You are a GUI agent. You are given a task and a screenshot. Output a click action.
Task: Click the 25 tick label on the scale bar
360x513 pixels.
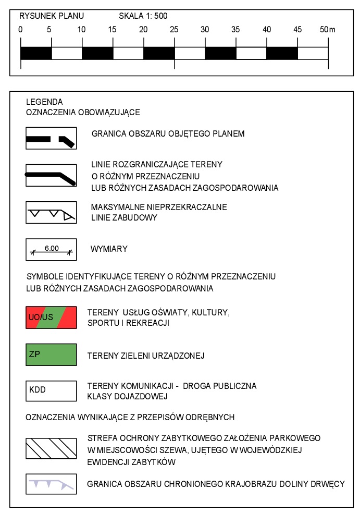point(174,29)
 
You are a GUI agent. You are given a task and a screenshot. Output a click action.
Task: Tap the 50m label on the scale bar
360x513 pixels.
point(327,29)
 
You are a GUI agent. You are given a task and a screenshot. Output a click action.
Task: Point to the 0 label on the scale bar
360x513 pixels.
point(20,29)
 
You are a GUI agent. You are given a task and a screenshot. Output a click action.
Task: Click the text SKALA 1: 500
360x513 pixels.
point(143,16)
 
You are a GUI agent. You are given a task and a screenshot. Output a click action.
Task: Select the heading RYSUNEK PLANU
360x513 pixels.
point(52,16)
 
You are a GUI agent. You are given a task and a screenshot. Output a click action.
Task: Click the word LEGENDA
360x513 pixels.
point(44,102)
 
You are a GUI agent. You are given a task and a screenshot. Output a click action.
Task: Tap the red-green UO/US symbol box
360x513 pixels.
point(52,317)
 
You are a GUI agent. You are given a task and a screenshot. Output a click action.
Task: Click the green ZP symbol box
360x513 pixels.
point(52,356)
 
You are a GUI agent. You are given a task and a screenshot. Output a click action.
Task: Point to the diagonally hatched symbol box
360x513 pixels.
point(52,447)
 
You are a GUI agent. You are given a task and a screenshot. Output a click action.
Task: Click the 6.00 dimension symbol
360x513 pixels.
point(52,250)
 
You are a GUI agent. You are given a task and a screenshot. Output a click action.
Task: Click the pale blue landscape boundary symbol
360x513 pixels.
point(52,484)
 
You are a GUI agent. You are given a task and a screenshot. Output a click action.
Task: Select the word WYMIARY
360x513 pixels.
point(109,249)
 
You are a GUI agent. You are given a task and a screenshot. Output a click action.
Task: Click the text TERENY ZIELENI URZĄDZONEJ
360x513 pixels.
point(146,356)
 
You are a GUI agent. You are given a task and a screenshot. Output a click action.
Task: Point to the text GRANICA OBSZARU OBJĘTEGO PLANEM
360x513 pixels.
point(168,133)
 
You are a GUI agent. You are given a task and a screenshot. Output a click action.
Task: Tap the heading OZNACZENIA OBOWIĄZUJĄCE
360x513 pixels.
point(83,112)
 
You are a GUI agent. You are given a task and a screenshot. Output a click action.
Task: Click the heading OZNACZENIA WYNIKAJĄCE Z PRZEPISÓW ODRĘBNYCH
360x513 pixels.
point(130,417)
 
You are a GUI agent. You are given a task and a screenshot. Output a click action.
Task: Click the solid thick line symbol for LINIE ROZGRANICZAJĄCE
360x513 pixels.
point(52,175)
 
